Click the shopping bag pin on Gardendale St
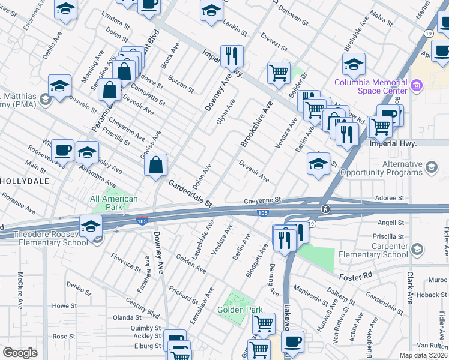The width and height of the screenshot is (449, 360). coord(155,165)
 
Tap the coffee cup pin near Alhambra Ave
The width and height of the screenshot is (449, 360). coord(62,150)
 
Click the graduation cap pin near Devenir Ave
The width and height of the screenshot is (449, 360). coord(318,163)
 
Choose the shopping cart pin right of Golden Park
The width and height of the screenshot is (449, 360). coord(264,324)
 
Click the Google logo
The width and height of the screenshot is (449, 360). coord(20,352)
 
